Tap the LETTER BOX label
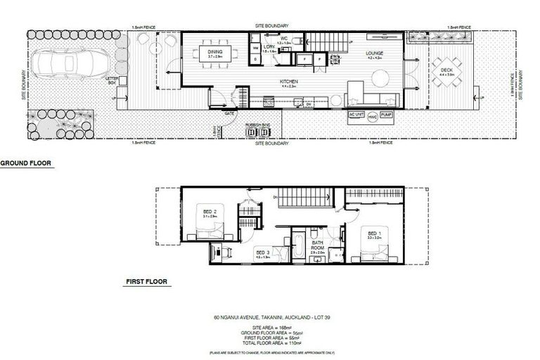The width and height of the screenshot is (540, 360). click(112, 81)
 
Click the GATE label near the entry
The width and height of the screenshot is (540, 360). click(229, 112)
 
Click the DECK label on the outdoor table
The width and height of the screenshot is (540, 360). click(447, 70)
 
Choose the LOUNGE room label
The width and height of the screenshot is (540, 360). click(373, 53)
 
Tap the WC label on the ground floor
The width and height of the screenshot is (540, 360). click(285, 39)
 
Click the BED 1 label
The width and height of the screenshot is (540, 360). click(373, 236)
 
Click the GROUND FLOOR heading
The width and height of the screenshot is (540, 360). click(26, 163)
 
